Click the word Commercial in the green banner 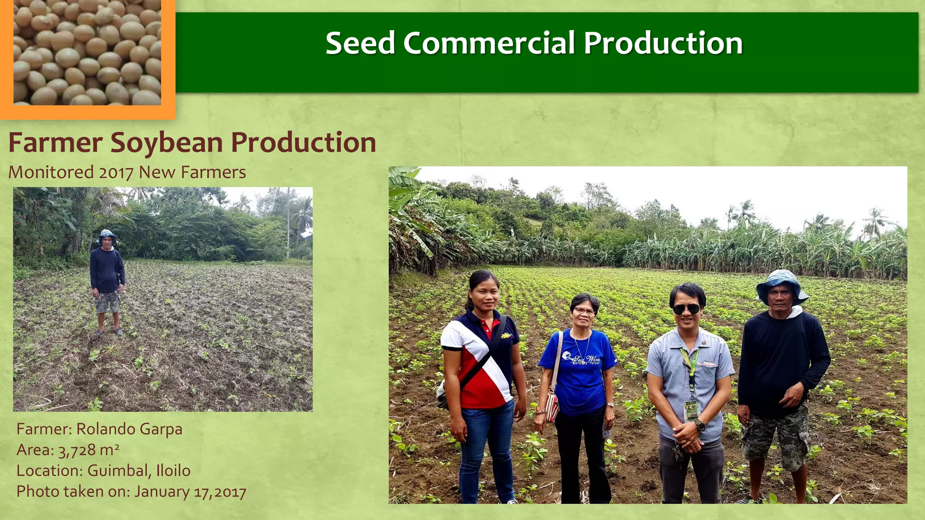tap(489, 43)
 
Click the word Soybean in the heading tap(167, 143)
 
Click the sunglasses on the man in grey tap(687, 309)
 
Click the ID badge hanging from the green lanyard tap(691, 410)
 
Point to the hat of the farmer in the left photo tap(107, 236)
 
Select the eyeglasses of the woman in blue tap(584, 311)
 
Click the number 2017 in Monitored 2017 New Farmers tap(116, 173)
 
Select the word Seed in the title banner tap(360, 43)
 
